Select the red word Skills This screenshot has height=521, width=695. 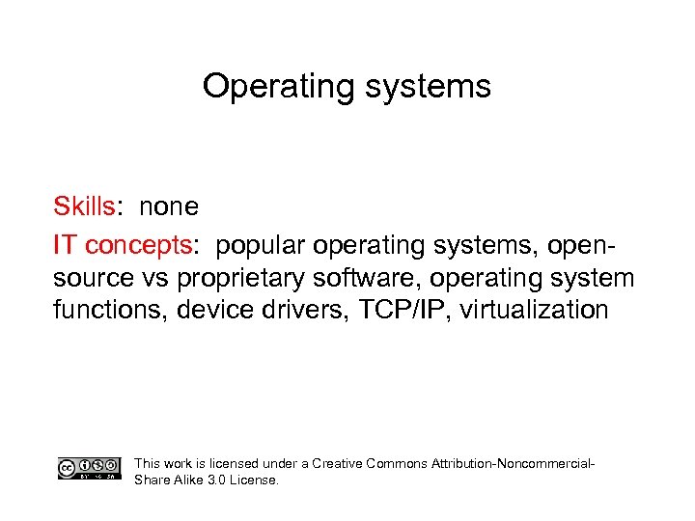[84, 206]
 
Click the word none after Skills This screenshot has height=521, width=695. [169, 206]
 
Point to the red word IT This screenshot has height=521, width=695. [65, 246]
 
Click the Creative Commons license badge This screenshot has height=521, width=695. [90, 469]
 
